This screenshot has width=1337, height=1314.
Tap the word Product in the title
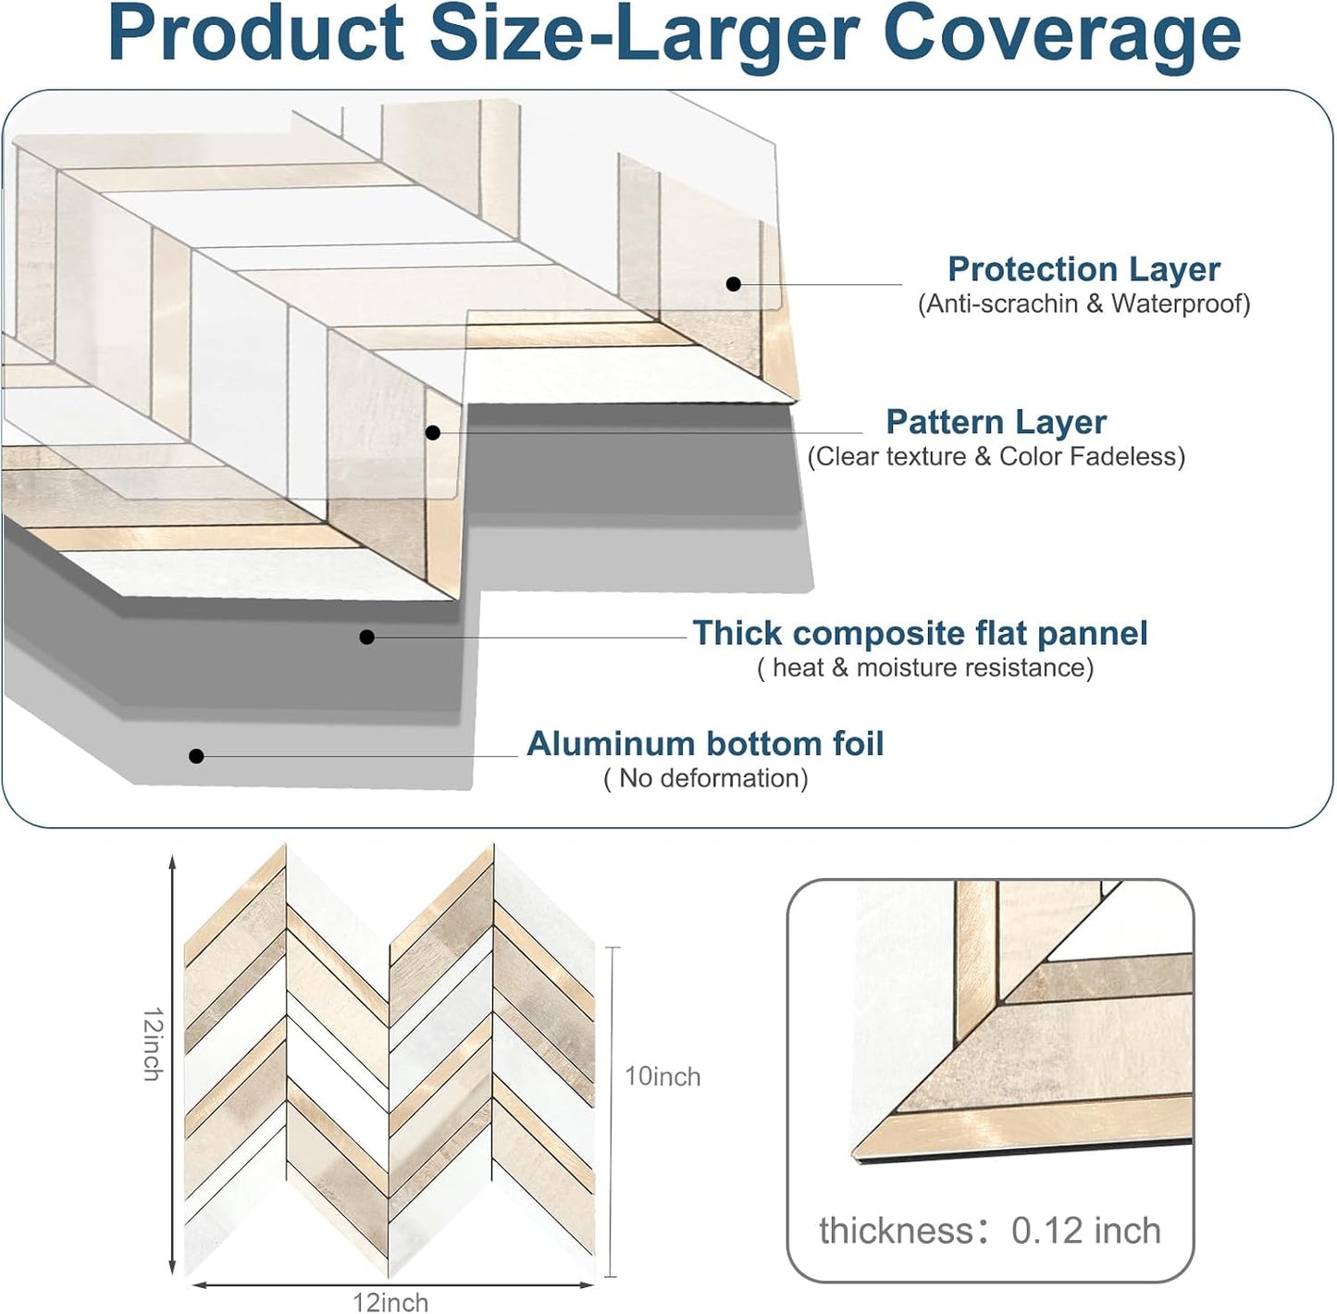(256, 33)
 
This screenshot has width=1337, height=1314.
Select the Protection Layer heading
(1083, 269)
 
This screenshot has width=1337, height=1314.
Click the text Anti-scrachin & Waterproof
(1083, 304)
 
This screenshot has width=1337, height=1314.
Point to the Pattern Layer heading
(997, 422)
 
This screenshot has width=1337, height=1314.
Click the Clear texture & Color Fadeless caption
(997, 457)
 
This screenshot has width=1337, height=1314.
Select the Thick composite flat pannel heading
(920, 633)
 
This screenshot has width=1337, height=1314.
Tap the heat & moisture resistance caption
(925, 668)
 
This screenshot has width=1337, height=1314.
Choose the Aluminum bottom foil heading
(705, 744)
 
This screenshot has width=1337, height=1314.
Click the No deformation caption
(706, 779)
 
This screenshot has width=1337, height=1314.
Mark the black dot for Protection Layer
(734, 283)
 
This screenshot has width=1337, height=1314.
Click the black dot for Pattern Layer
(433, 433)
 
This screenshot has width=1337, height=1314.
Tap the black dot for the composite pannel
(367, 638)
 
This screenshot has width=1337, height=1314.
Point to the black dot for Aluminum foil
(196, 756)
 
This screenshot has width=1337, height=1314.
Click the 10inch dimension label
(662, 1076)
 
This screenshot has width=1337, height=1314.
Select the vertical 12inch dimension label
(153, 1044)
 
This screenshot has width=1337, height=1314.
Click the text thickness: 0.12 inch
(990, 1231)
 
